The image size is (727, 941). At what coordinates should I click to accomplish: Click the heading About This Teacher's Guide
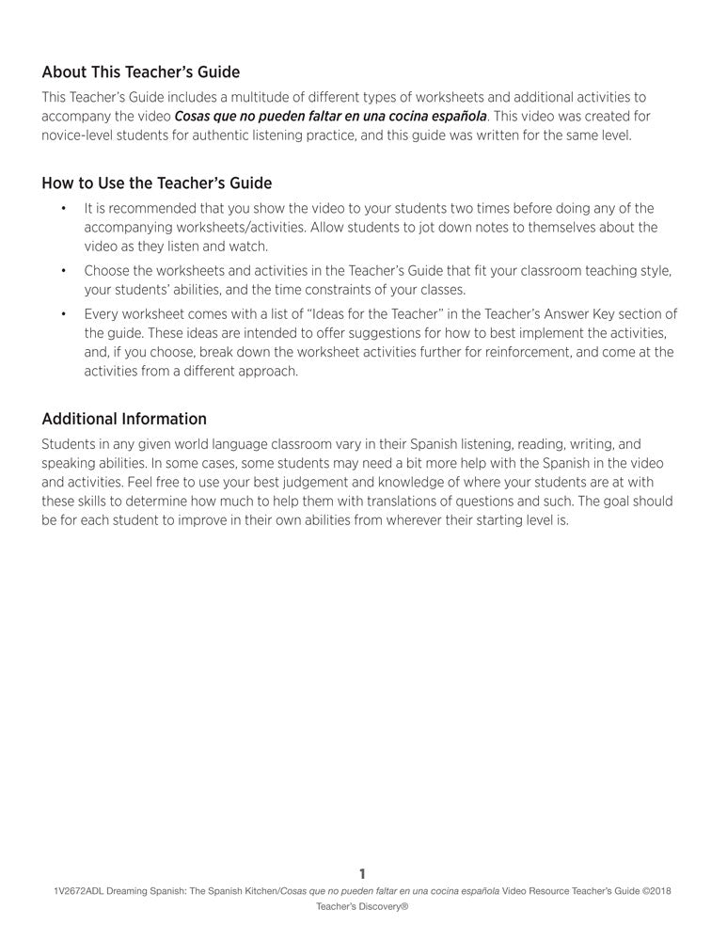tap(140, 72)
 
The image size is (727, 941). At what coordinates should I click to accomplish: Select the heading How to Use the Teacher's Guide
tap(156, 183)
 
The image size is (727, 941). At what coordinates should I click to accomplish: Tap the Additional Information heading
tap(124, 419)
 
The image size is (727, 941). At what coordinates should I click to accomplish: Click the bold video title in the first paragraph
tap(331, 117)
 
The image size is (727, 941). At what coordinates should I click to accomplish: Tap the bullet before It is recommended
tap(63, 208)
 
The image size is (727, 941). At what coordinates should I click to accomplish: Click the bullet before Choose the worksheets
tap(63, 271)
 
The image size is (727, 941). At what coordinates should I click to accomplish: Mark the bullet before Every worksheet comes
tap(63, 314)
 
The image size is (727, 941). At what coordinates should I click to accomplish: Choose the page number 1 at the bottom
tap(363, 874)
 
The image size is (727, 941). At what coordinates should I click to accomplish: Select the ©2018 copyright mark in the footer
tap(653, 890)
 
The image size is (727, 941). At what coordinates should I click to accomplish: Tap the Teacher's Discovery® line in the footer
tap(362, 907)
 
